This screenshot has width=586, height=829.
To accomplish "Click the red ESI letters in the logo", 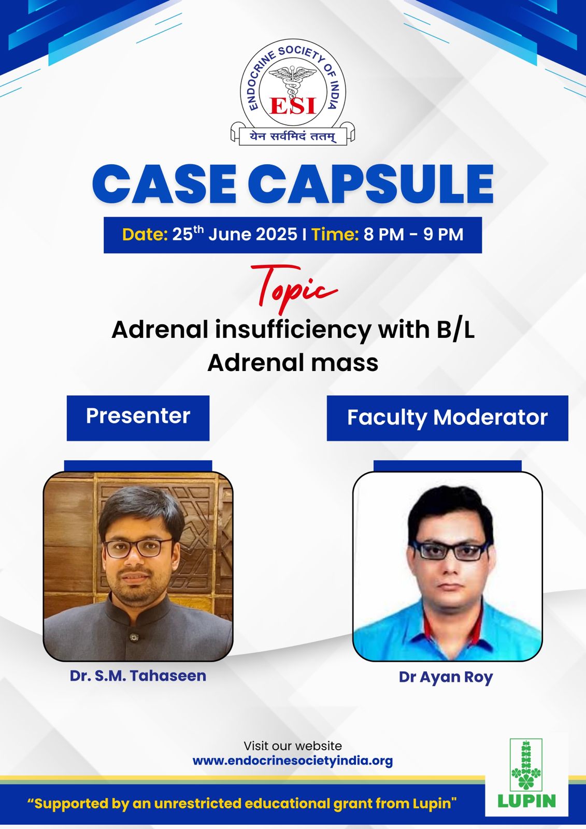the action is pos(293,106).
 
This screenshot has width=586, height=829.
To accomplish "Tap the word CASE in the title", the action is pos(164,184).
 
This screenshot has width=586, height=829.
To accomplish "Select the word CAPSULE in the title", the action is pos(370,184).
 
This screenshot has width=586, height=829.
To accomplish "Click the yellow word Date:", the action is pos(145,234).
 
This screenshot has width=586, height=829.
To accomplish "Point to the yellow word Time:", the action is pos(335,234).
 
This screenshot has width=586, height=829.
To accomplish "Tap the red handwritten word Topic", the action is pos(294,287).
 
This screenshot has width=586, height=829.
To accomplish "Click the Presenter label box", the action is pos(138,418).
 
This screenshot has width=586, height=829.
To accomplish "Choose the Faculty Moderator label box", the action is pos(447,418).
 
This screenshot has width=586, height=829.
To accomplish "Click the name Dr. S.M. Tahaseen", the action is pos(138,676).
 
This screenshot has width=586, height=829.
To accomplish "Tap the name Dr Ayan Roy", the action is pos(446,677).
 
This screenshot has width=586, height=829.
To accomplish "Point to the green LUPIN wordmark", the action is pos(527,801).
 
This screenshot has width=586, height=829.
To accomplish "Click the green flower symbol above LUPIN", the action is pos(526,765).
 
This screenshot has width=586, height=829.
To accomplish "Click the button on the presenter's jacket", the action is pos(134,637).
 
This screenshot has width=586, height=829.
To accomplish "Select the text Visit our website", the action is pos(293,746).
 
